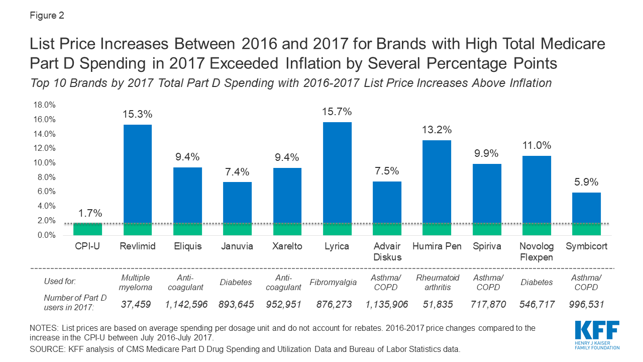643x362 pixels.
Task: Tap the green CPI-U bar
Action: tap(87, 229)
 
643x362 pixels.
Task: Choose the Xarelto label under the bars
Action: tap(287, 246)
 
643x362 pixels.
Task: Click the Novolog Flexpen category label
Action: tap(537, 251)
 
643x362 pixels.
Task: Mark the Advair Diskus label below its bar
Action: tap(387, 251)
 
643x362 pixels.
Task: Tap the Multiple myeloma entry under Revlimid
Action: tap(138, 282)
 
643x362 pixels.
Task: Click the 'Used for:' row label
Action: tap(60, 282)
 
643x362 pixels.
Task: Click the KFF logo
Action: tap(597, 334)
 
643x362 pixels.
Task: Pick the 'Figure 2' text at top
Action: tap(47, 16)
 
